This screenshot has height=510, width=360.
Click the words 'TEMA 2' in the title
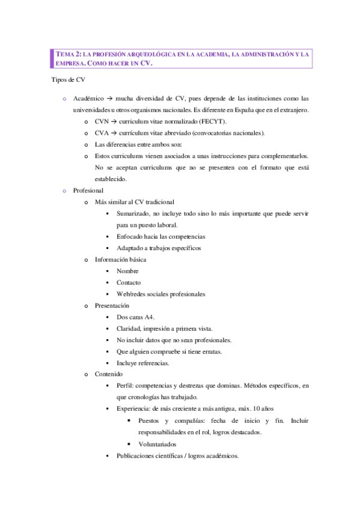point(67,54)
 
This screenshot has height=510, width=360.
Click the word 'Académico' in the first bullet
point(88,98)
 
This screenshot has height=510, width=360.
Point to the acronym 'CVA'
point(102,133)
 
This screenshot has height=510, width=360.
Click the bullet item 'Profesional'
point(87,190)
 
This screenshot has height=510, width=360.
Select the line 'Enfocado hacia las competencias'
point(160,236)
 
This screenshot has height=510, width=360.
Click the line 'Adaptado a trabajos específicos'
point(159,248)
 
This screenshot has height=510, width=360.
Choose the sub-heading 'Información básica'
point(120,259)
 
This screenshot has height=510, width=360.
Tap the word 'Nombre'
point(127,271)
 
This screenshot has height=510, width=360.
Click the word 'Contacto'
point(129,283)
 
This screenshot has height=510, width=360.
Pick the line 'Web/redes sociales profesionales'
point(160,294)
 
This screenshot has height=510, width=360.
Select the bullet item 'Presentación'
point(112,306)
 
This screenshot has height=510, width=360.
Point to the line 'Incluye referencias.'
point(143,363)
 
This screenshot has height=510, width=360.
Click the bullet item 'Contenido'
point(108,374)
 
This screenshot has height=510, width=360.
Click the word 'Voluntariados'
point(157,444)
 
